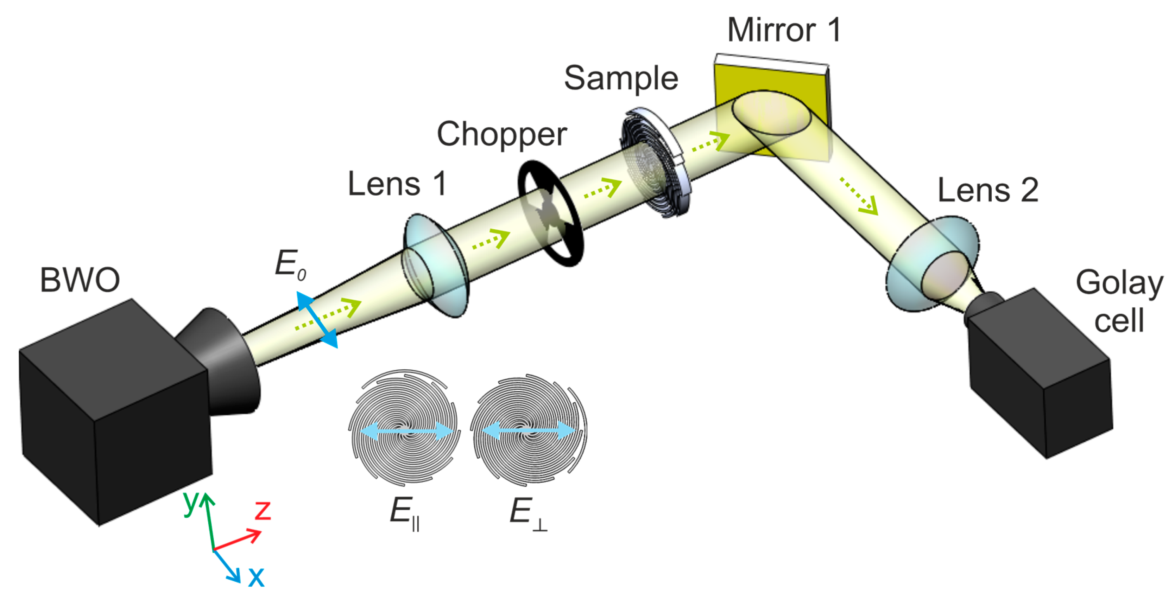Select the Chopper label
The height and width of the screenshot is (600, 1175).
pyautogui.click(x=502, y=134)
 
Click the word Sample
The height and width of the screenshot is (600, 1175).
pyautogui.click(x=621, y=78)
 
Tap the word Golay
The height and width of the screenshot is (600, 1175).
pyautogui.click(x=1119, y=283)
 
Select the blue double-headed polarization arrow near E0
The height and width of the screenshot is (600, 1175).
pyautogui.click(x=317, y=320)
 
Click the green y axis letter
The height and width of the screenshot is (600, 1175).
pyautogui.click(x=191, y=501)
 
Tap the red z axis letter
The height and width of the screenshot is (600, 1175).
pyautogui.click(x=263, y=510)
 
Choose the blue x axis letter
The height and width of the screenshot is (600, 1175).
pyautogui.click(x=256, y=576)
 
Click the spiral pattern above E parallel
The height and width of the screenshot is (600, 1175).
pyautogui.click(x=403, y=426)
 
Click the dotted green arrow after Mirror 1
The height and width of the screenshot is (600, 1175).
pyautogui.click(x=858, y=196)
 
